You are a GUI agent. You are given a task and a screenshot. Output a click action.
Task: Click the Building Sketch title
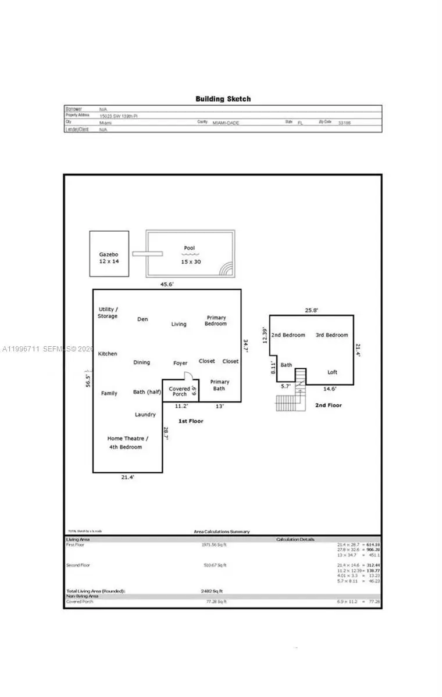[223, 99]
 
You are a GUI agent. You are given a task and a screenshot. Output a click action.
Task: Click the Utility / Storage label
[108, 312]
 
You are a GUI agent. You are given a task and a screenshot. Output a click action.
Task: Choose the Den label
[142, 319]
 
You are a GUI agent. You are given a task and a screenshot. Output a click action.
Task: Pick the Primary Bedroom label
[216, 321]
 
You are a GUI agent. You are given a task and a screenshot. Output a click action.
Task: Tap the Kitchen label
[108, 354]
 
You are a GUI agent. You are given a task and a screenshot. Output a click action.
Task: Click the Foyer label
[180, 363]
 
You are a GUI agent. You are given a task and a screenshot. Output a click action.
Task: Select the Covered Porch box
[180, 391]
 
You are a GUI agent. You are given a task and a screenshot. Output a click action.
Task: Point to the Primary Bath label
[219, 385]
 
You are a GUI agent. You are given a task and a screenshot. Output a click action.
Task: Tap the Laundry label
[145, 414]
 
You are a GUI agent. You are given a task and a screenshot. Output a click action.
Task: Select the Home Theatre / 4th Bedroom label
[127, 442]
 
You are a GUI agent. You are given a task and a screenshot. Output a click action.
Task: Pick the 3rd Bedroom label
[331, 335]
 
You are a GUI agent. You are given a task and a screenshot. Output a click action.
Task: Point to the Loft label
[332, 372]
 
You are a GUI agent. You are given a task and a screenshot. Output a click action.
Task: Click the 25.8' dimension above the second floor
[311, 310]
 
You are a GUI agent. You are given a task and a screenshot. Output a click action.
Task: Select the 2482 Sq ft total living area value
[211, 591]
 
